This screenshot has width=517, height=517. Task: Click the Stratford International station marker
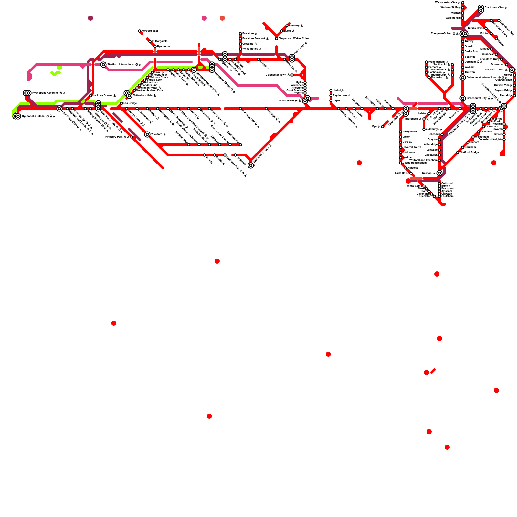pyautogui.click(x=103, y=65)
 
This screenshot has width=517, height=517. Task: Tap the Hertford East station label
pyautogui.click(x=150, y=31)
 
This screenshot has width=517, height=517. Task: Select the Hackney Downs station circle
pyautogui.click(x=90, y=96)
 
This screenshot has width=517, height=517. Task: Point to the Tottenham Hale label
pyautogui.click(x=142, y=96)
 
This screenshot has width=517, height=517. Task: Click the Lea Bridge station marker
pyautogui.click(x=121, y=103)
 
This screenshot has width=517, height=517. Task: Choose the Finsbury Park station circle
pyautogui.click(x=132, y=137)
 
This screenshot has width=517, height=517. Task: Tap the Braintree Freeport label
pyautogui.click(x=254, y=39)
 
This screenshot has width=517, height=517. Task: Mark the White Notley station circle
pyautogui.click(x=240, y=49)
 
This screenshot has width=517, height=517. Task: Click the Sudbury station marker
pyautogui.click(x=287, y=26)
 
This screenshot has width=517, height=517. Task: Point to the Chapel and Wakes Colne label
pyautogui.click(x=294, y=39)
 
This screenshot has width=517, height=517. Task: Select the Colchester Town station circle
pyautogui.click(x=292, y=75)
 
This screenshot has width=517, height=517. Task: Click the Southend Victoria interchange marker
pyautogui.click(x=251, y=165)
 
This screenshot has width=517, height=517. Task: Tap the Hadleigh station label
pyautogui.click(x=338, y=90)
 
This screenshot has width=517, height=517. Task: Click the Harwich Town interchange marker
pyautogui.click(x=512, y=70)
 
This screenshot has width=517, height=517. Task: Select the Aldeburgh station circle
pyautogui.click(x=424, y=129)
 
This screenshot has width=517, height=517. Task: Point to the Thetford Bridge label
pyautogui.click(x=469, y=153)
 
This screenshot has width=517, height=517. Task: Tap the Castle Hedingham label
pyautogui.click(x=414, y=163)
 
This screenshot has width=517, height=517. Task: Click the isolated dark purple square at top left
pyautogui.click(x=90, y=18)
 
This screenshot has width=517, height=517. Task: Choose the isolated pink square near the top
pyautogui.click(x=204, y=18)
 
